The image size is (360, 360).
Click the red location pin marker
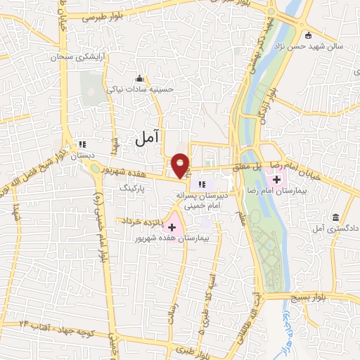click(181, 165)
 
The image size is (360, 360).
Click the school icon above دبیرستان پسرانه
click(202, 184)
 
